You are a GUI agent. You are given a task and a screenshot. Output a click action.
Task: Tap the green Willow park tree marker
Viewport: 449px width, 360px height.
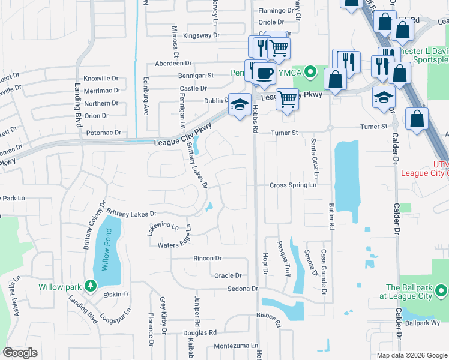(90, 286)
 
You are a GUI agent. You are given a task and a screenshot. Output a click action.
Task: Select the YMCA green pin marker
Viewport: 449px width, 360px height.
(310, 73)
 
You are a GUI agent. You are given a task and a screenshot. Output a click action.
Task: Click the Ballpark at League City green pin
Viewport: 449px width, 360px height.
(442, 292)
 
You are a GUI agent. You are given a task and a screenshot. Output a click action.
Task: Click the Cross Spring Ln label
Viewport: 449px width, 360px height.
(293, 185)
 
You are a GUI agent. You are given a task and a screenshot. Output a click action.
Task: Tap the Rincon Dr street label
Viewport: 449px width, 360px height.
(208, 258)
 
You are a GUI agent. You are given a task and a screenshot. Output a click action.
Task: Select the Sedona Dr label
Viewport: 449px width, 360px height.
(243, 289)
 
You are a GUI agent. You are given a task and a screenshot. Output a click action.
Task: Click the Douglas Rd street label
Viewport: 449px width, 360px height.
(200, 332)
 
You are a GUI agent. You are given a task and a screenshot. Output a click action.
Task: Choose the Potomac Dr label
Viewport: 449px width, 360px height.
(104, 133)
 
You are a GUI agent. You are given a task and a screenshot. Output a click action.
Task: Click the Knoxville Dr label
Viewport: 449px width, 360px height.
(102, 79)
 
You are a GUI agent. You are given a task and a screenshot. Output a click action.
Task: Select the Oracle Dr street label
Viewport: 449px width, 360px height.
(228, 275)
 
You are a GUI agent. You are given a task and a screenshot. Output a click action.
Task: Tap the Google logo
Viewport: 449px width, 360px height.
(21, 353)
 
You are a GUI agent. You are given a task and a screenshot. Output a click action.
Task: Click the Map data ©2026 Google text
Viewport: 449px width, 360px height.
(412, 355)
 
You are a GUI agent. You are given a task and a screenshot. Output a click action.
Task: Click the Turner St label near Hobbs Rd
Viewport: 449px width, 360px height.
(285, 133)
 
